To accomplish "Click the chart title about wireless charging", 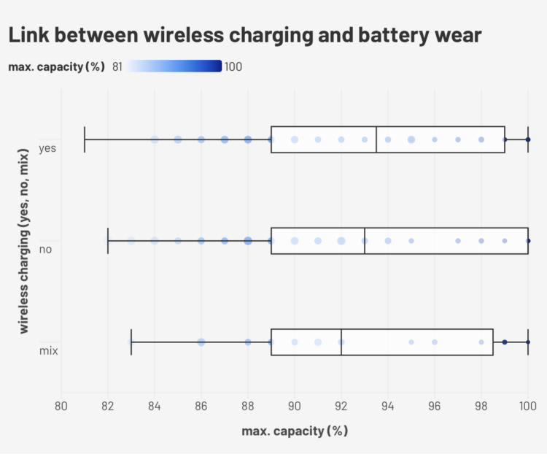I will tap(244, 34).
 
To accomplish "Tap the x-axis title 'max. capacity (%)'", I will tap(295, 431).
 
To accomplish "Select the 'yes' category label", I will tap(48, 148).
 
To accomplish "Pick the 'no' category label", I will tap(45, 250).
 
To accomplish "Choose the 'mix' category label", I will tap(47, 351).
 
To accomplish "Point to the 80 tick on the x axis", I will tap(61, 405).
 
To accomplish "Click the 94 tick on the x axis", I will tap(388, 405).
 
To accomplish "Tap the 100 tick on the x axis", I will tap(528, 405).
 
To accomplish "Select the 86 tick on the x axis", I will tap(201, 405).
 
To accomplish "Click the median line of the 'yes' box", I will tap(376, 139).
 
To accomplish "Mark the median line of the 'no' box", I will tap(365, 240).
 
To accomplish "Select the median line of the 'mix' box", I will tap(341, 342).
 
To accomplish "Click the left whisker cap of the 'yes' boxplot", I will tap(85, 139).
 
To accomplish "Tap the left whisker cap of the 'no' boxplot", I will tap(108, 240).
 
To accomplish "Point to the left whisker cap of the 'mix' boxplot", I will tap(131, 342).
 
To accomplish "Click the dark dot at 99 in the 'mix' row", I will tap(505, 342).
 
